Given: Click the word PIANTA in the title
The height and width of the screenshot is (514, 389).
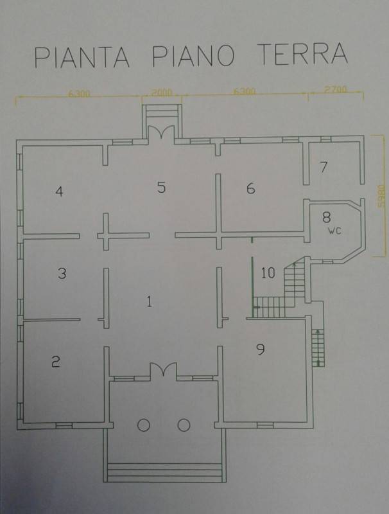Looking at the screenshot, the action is tap(82, 57).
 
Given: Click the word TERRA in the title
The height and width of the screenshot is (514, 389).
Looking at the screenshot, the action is tap(302, 54).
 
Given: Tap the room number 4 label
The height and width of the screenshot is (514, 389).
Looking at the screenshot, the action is tap(59, 191).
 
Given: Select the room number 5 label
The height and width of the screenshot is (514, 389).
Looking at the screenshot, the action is tap(161, 187).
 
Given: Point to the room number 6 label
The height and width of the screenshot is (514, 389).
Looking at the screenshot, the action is tap(251, 188).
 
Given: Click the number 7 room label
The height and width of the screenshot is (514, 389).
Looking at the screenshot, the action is tap(324, 167).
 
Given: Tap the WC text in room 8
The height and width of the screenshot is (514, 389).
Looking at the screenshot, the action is tap(334, 231).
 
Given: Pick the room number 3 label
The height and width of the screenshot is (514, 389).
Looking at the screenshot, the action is tap(62, 273).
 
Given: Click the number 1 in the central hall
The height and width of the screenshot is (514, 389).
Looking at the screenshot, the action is tap(150, 301).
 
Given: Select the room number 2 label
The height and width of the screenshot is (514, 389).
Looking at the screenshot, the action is tap(56, 362).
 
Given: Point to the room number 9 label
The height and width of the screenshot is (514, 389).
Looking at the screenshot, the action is tap(261, 350).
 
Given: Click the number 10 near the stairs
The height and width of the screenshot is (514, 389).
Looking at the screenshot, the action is tap(268, 272).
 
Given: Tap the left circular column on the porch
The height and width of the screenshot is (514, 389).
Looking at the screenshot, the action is tap(144, 425).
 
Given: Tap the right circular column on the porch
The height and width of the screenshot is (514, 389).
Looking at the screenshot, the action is tap(184, 425).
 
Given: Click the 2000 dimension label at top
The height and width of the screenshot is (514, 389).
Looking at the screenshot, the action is tap(162, 93).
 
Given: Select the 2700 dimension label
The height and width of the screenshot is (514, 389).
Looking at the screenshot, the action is tap(335, 89).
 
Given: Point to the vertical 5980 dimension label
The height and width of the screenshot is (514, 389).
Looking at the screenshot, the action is tap(381, 197).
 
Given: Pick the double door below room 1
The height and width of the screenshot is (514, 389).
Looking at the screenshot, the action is tap(164, 371).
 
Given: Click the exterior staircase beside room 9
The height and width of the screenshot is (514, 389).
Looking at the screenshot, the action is tap(318, 348).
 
